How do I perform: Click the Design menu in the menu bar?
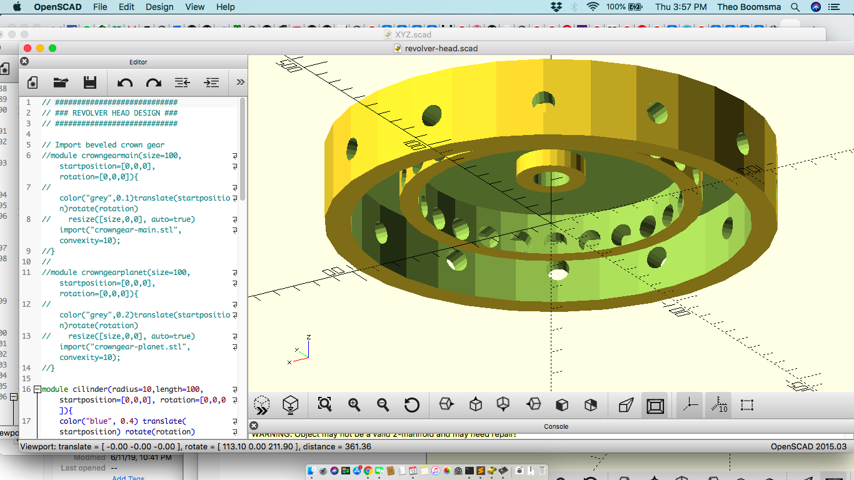pos(159,7)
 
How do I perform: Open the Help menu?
pos(225,7)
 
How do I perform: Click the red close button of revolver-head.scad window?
pos(27,48)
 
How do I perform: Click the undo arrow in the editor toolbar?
pos(125,82)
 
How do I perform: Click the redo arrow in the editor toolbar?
pos(153,82)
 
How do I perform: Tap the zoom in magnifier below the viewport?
pos(354,405)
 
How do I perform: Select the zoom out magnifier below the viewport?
pos(383,405)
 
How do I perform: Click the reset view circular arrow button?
pos(411,405)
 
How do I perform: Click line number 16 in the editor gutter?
pos(26,389)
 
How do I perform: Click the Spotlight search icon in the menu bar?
pos(795,7)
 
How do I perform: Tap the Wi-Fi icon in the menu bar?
pos(593,7)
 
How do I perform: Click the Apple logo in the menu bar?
pos(17,7)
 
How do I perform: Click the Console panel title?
pos(556,426)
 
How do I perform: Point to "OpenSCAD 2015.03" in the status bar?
pos(808,447)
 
